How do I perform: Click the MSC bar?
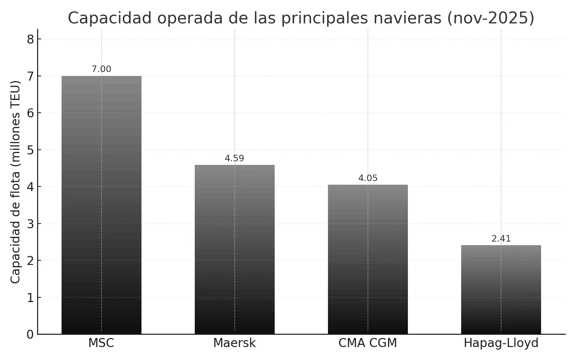click(101, 205)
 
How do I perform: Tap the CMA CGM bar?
click(368, 259)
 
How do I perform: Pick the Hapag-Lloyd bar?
click(501, 289)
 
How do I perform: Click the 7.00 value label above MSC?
click(101, 69)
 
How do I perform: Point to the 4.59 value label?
click(234, 158)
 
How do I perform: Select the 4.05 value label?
click(368, 178)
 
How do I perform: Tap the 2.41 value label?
click(501, 239)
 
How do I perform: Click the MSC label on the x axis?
click(101, 343)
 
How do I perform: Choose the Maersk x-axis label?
click(234, 343)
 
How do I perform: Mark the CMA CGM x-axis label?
click(368, 343)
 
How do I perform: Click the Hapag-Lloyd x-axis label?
click(501, 343)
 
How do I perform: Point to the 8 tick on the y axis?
click(30, 39)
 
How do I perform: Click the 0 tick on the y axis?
click(30, 334)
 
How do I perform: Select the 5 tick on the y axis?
click(30, 150)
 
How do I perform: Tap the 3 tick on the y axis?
click(30, 224)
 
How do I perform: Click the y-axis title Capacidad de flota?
click(15, 182)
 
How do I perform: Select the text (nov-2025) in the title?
click(490, 18)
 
